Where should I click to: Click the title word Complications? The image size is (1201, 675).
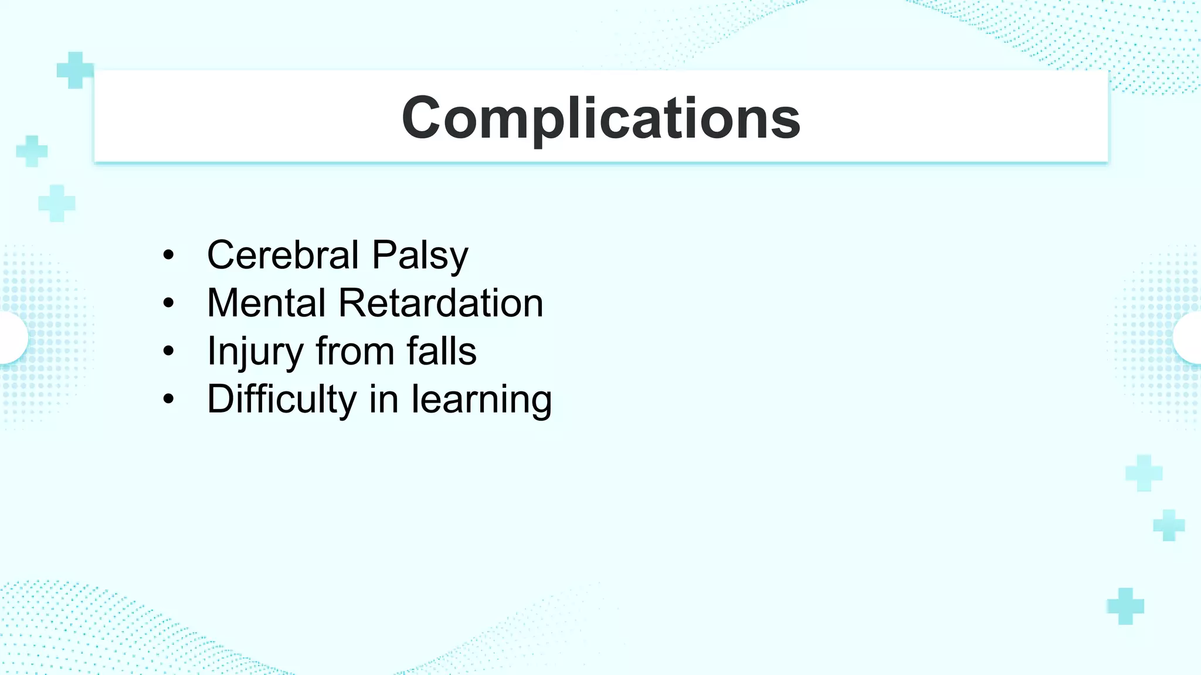coord(600,118)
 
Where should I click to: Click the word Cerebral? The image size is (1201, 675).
coord(283,255)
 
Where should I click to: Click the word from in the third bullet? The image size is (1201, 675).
coord(355,352)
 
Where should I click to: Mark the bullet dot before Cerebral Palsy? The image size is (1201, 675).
coord(169,255)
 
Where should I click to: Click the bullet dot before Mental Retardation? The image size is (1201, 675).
coord(169,304)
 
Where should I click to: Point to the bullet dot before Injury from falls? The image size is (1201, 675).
coord(169,352)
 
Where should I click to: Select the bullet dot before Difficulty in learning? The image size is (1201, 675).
coord(169,400)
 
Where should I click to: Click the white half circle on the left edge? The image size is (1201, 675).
coord(12,338)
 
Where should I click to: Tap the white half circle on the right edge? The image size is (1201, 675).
coord(1189,338)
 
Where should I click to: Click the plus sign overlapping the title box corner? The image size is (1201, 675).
coord(74,70)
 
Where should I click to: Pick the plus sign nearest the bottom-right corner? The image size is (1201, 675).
coord(1125,606)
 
